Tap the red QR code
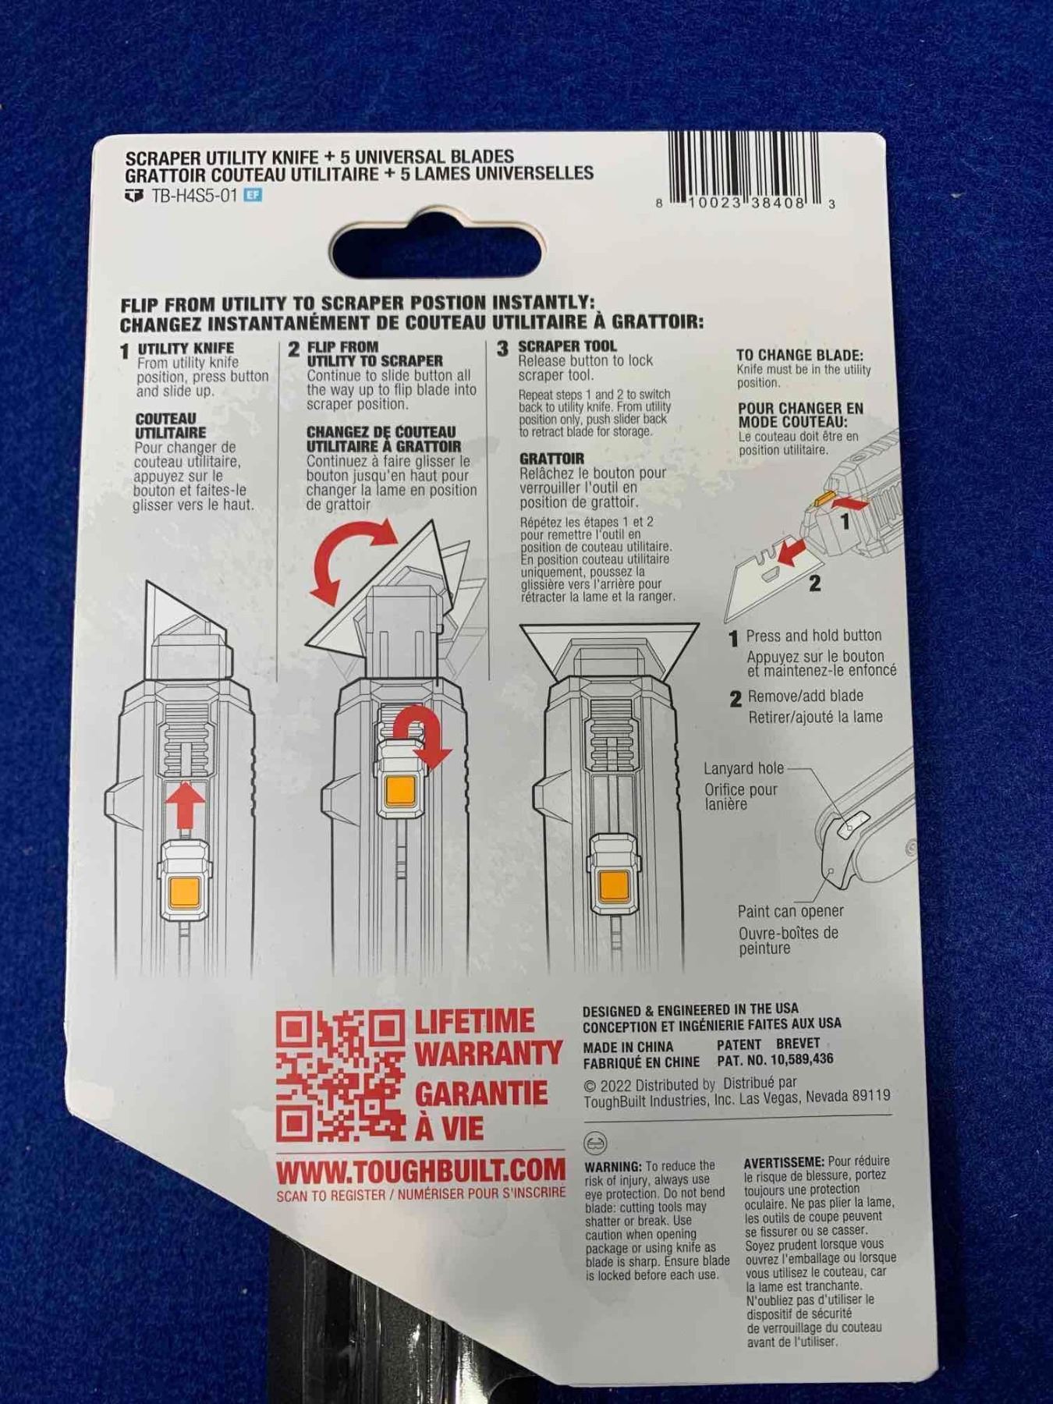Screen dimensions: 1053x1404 (x=340, y=1075)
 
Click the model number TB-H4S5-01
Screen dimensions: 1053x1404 (x=193, y=195)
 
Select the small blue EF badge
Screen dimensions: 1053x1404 (x=252, y=195)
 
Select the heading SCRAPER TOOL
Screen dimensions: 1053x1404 (x=567, y=346)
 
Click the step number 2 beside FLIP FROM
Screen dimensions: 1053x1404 (x=293, y=349)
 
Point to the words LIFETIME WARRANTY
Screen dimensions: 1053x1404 (x=487, y=1037)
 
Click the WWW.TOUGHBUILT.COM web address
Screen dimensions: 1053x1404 (x=420, y=1170)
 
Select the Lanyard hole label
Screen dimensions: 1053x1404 (x=743, y=768)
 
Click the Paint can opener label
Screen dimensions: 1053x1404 (x=790, y=911)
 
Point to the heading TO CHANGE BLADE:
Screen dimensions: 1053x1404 (x=799, y=355)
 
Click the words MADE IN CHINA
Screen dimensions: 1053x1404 (x=628, y=1047)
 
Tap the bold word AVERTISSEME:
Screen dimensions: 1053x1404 (x=784, y=1162)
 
